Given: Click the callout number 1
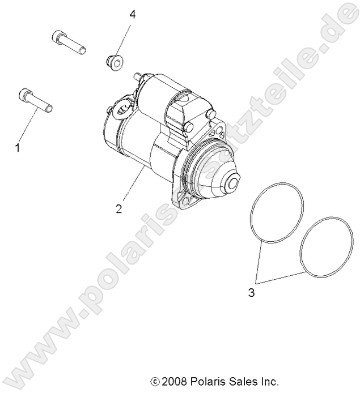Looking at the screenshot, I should pyautogui.click(x=17, y=148).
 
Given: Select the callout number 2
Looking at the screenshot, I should pyautogui.click(x=118, y=208).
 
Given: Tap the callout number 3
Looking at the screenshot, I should pyautogui.click(x=251, y=293).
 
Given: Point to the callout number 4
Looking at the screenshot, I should pyautogui.click(x=132, y=14).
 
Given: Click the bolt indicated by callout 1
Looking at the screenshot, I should pyautogui.click(x=36, y=100).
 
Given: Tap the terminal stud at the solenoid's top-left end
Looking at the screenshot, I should pyautogui.click(x=137, y=75).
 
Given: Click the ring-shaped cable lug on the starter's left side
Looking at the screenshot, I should pyautogui.click(x=120, y=109).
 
